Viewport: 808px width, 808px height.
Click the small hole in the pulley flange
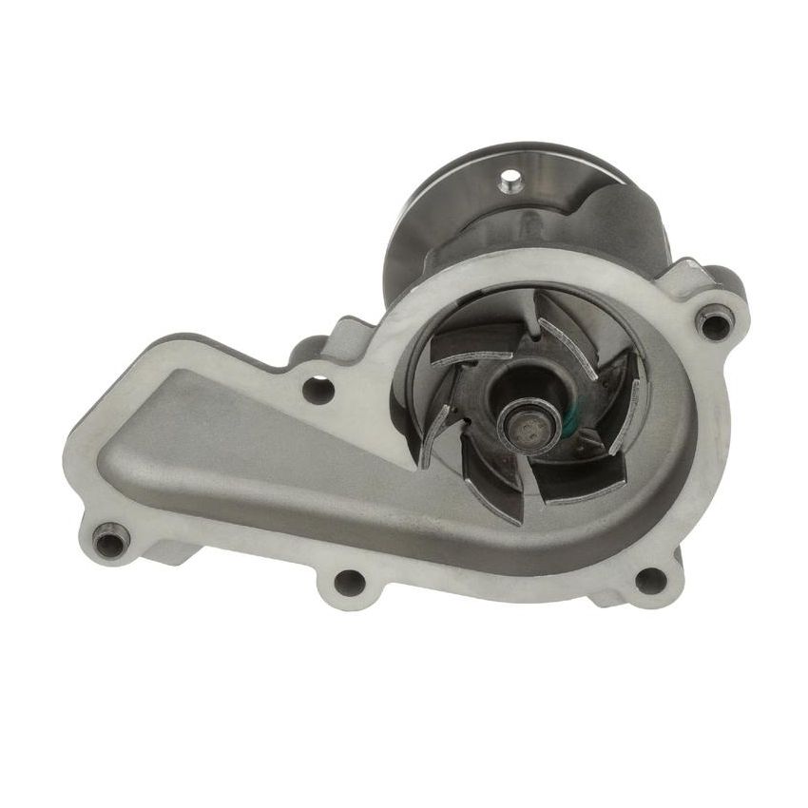point(513,178)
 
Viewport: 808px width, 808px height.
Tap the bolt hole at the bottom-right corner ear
point(650,578)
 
